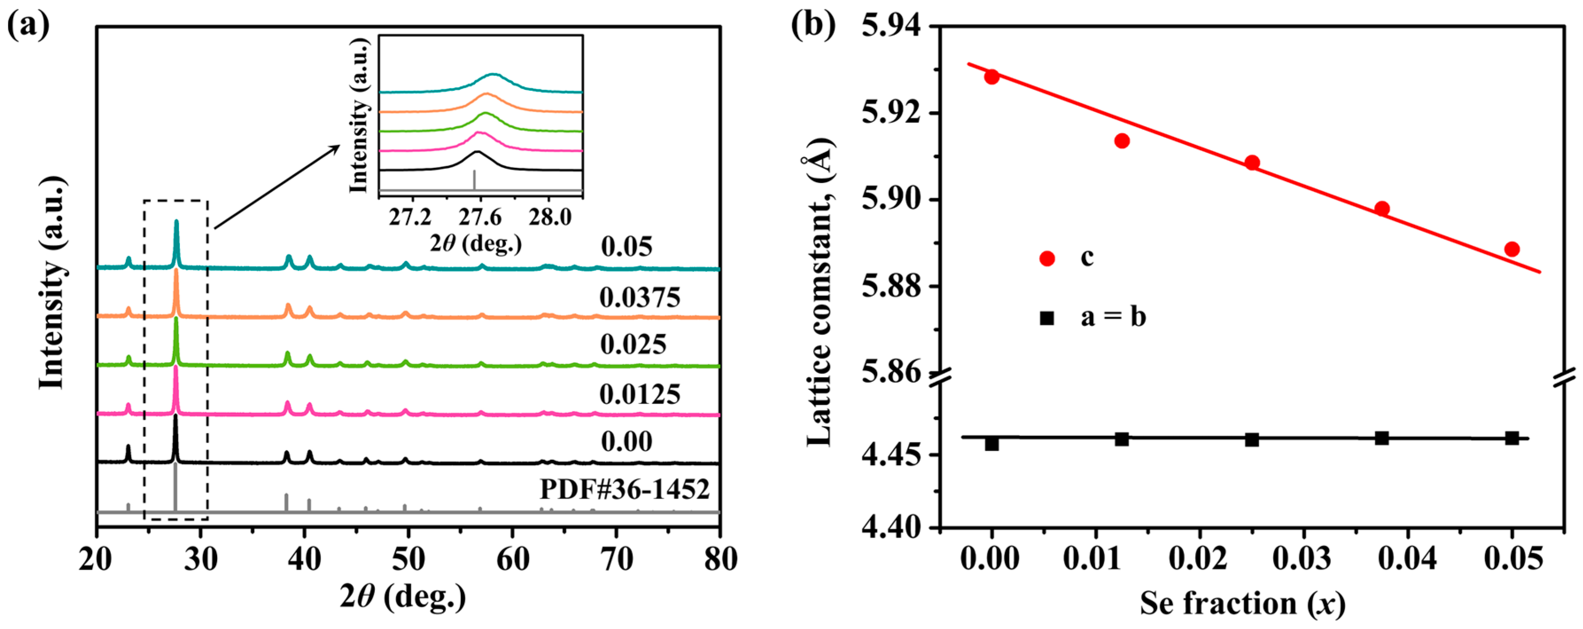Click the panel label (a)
27,26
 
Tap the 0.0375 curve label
640,298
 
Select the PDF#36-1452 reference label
625,489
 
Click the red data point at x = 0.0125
1122,141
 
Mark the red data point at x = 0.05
1512,249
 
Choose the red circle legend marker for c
1047,258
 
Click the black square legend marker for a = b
1047,318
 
